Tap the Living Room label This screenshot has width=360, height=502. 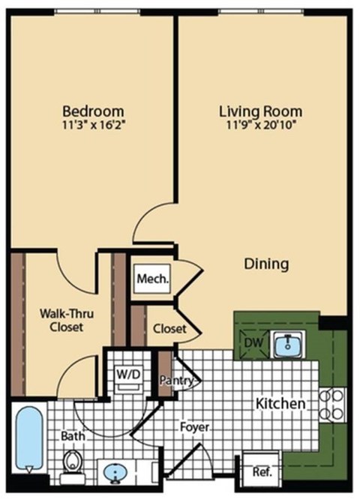pyautogui.click(x=260, y=112)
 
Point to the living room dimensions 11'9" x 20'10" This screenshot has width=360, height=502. pyautogui.click(x=260, y=126)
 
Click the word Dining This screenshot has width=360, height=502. pyautogui.click(x=267, y=264)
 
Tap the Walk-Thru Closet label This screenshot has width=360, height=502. pyautogui.click(x=61, y=320)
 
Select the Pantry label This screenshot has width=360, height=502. pyautogui.click(x=178, y=381)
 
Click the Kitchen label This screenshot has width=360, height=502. pyautogui.click(x=280, y=404)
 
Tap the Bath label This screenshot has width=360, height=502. pyautogui.click(x=72, y=434)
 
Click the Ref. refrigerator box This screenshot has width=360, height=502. pyautogui.click(x=262, y=472)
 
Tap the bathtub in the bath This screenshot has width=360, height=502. pyautogui.click(x=28, y=438)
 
